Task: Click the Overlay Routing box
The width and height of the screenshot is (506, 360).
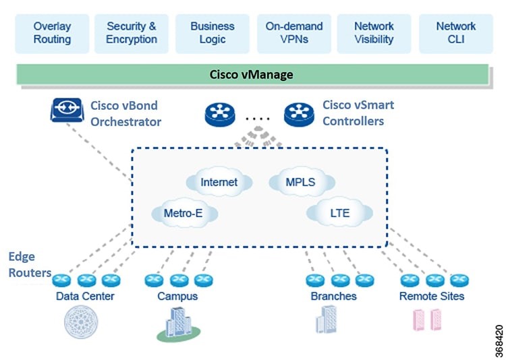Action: (52, 34)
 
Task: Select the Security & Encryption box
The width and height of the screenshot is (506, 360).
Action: (132, 34)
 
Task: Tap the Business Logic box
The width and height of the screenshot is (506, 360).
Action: (213, 34)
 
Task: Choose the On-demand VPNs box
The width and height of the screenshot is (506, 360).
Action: (294, 34)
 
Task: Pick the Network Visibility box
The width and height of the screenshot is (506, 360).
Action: (374, 34)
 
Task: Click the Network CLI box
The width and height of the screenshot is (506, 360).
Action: (456, 34)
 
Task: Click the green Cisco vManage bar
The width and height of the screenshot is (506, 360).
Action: (253, 75)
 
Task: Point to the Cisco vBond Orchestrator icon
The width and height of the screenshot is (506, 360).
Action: (67, 110)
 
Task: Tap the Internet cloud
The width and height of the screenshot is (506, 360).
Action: (219, 181)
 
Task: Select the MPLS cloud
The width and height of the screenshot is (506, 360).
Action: (302, 181)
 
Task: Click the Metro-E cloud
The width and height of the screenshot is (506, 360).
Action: (185, 212)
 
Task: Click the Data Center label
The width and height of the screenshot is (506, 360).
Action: (85, 296)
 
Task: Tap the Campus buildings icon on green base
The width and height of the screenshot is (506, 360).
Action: (179, 324)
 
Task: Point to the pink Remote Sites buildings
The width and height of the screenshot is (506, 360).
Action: (427, 320)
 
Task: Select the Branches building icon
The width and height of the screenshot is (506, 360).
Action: (327, 320)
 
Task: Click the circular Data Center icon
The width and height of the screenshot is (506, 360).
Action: (81, 322)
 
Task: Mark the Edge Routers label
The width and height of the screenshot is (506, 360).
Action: (30, 264)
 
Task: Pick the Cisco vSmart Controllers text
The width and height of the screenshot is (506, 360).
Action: (358, 113)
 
